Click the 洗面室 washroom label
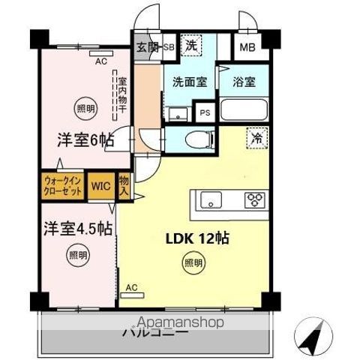pyautogui.click(x=190, y=82)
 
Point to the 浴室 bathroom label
pyautogui.click(x=244, y=82)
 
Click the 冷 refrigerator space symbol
pyautogui.click(x=256, y=139)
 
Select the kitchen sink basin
pyautogui.click(x=209, y=200)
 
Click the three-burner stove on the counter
pyautogui.click(x=256, y=200)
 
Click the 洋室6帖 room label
pyautogui.click(x=82, y=139)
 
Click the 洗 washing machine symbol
pyautogui.click(x=192, y=45)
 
